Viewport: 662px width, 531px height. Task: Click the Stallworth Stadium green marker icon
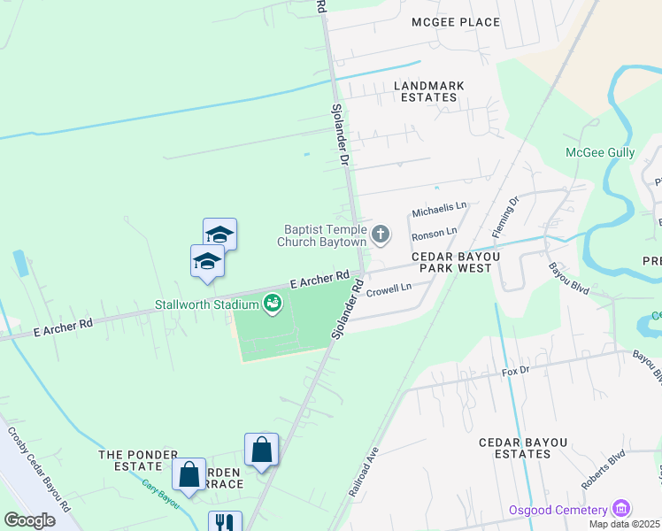coord(273,304)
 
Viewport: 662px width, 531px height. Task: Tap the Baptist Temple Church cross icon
coord(381,235)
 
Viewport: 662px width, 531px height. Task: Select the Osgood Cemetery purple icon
coord(621,509)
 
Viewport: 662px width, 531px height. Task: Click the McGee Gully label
coord(600,152)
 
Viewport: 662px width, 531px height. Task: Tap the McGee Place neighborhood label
coord(455,22)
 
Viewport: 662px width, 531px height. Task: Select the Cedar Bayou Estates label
coord(515,448)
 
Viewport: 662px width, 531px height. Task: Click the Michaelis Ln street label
coord(439,210)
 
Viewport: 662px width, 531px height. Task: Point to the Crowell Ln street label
coord(389,289)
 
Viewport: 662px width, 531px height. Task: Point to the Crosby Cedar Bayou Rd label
coord(40,470)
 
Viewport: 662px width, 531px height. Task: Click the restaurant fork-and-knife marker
coord(224,523)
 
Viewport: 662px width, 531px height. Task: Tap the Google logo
coord(29,519)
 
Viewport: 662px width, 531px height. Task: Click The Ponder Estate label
coord(138,454)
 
